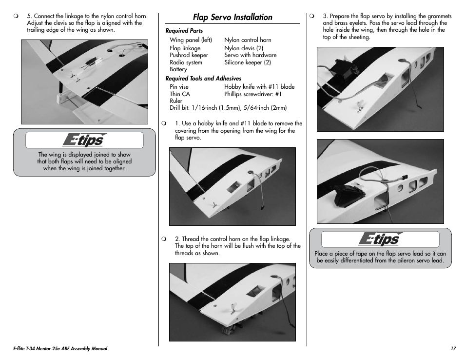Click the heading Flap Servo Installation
tap(232, 17)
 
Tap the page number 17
tap(453, 349)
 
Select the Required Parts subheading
tap(184, 31)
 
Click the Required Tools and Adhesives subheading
tap(203, 79)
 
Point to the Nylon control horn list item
tap(248, 40)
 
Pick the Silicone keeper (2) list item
tap(248, 62)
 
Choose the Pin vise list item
tap(179, 87)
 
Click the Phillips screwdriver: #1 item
tap(253, 94)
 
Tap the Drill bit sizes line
tap(228, 108)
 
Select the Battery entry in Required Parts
tap(178, 69)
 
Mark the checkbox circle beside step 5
tap(16, 16)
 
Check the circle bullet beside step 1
tap(164, 124)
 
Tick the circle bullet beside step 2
tap(164, 239)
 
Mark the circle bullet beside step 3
tap(312, 16)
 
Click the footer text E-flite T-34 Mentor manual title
tap(60, 349)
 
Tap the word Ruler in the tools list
tap(176, 101)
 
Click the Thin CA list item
tap(180, 94)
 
